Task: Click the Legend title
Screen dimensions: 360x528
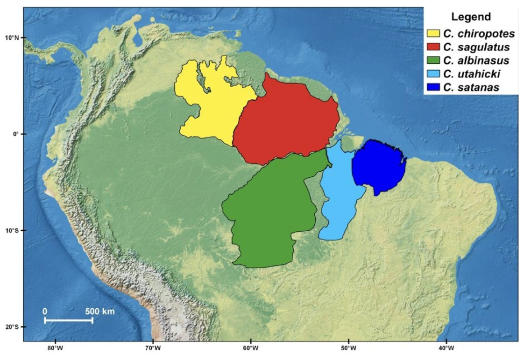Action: coord(471,17)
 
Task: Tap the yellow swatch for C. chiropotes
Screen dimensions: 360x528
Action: coord(433,34)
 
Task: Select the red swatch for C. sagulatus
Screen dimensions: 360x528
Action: coord(433,47)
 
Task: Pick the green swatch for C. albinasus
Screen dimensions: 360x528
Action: coord(433,60)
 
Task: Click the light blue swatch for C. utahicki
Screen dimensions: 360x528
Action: coord(433,74)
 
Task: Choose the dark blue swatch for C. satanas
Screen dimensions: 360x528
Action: coord(433,87)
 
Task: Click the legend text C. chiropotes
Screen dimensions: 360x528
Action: coord(479,34)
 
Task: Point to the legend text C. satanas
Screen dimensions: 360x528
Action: coord(471,87)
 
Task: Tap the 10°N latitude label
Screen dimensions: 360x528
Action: coord(12,38)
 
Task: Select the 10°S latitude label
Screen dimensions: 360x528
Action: coord(12,231)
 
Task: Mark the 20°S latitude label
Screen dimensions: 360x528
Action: coord(12,327)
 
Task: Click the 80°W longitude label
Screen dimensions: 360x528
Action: coord(55,348)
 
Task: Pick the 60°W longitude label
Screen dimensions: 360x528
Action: coord(251,348)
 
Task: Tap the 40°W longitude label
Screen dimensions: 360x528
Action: coord(446,348)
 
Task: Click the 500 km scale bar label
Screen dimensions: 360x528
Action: coord(100,312)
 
